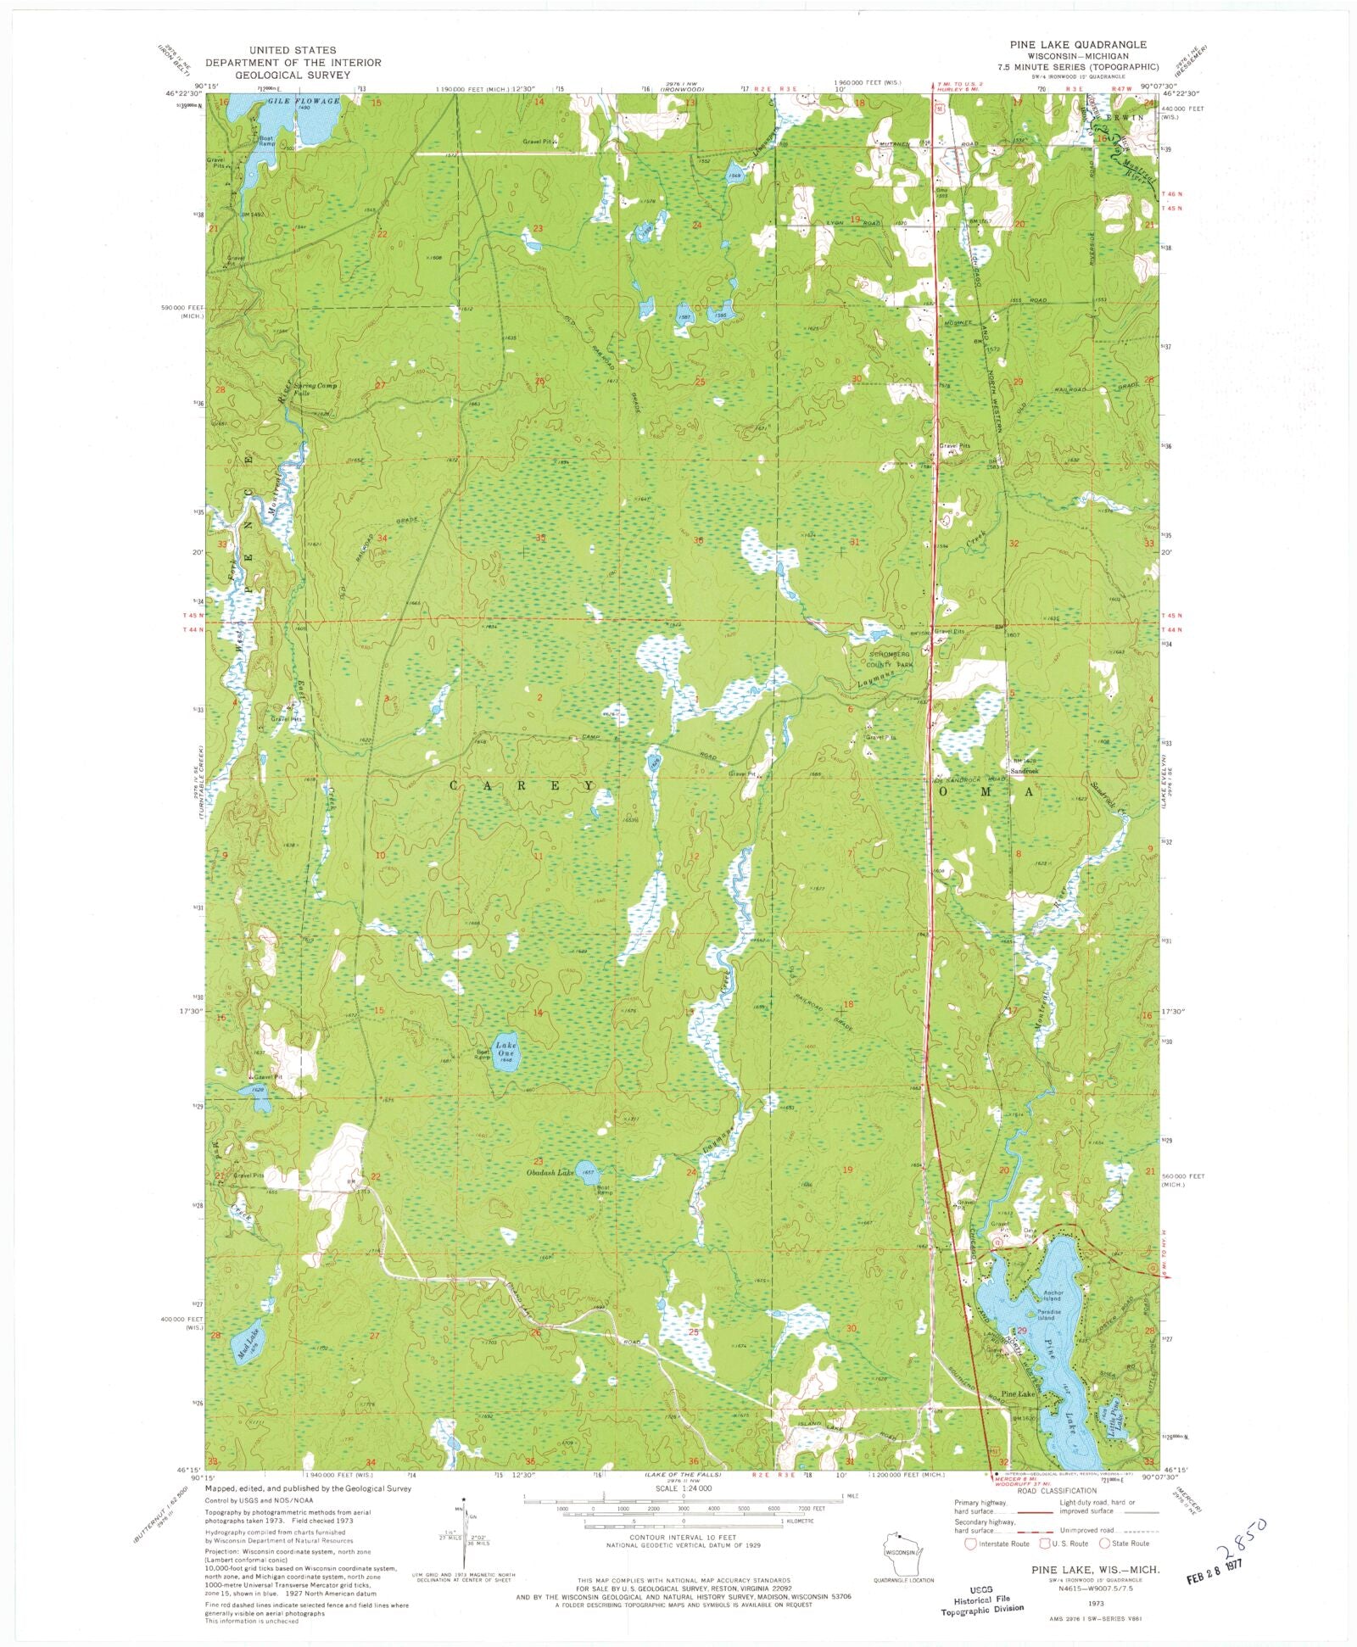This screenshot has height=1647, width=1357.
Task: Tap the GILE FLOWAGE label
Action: tap(304, 101)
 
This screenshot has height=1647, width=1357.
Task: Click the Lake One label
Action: tap(506, 1050)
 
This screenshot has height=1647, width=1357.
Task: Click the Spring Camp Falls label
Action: tap(315, 389)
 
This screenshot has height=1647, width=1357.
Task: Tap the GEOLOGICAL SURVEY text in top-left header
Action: tap(293, 75)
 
